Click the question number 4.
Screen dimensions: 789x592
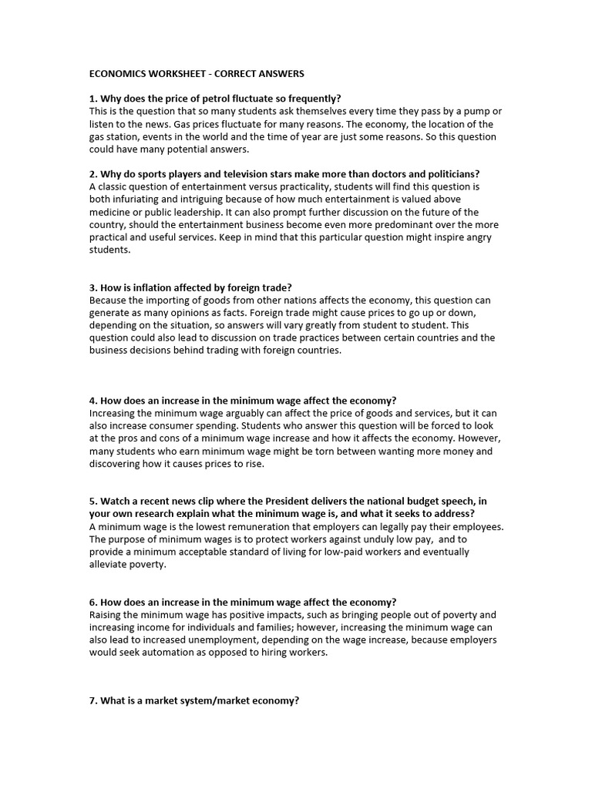(93, 400)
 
